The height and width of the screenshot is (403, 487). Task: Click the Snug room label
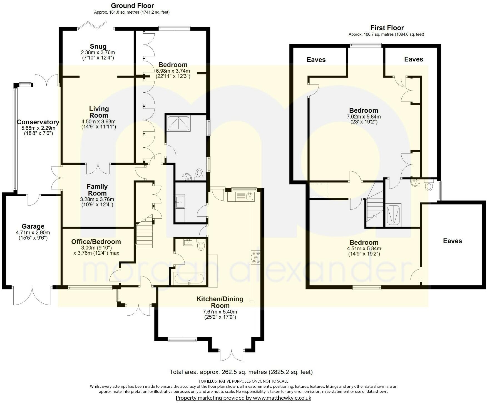[98, 46]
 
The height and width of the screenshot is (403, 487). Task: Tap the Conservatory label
[38, 122]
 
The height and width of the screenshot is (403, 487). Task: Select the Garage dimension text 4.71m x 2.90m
[33, 233]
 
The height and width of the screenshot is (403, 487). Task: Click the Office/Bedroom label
[96, 242]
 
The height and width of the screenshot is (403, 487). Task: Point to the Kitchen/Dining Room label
[220, 302]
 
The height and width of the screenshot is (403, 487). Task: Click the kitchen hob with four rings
[256, 258]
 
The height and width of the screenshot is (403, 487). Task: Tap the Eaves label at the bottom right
[452, 241]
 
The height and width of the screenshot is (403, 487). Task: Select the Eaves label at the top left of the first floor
[316, 60]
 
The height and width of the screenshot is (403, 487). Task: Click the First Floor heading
[387, 28]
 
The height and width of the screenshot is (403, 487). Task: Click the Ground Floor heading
[132, 6]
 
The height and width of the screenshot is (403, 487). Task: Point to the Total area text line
[241, 372]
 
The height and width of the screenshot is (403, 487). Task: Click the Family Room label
[97, 190]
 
